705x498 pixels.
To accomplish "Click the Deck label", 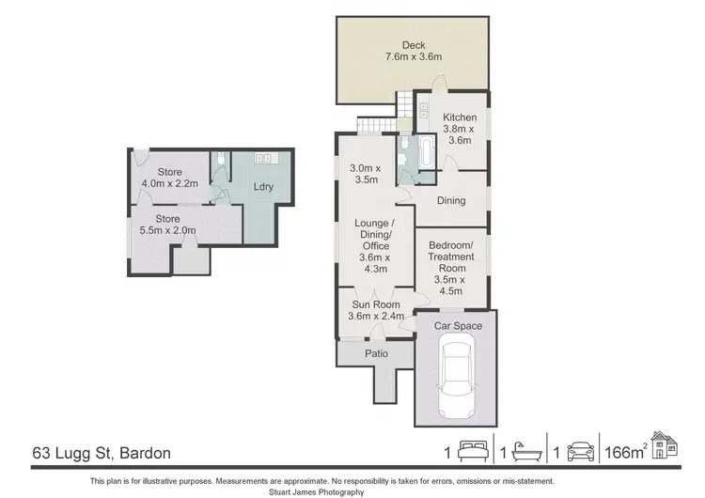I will (414, 51).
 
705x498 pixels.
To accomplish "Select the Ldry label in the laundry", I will (263, 186).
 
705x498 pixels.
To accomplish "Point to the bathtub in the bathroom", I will (426, 151).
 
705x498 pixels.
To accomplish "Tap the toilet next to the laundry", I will (219, 162).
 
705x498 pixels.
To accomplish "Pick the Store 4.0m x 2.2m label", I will (169, 178).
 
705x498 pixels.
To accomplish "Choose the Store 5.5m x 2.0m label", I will (169, 225).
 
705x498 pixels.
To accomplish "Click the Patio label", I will (376, 353).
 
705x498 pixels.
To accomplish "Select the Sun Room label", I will (376, 310).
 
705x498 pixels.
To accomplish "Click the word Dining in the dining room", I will (451, 200).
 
